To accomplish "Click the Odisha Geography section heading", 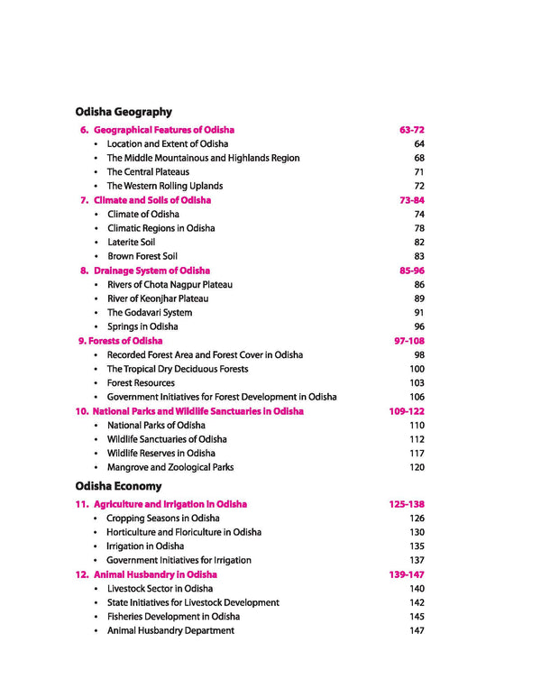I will [124, 112].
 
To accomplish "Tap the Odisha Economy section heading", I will [119, 486].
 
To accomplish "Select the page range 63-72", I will [412, 130].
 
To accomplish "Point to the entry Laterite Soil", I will [131, 243].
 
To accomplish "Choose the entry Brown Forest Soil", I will [142, 256].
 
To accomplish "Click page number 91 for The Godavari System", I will [418, 313].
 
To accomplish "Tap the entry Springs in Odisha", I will [142, 326].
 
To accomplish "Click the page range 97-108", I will [409, 341].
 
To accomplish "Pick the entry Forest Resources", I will [146, 383].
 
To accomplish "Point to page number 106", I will [417, 397].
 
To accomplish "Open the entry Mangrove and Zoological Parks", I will [170, 467].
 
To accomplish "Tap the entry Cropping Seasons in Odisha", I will [162, 519].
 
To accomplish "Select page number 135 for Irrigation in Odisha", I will [417, 546].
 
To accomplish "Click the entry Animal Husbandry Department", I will [170, 630].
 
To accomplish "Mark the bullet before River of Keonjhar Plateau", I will [96, 299].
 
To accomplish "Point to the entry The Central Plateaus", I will [148, 172].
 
